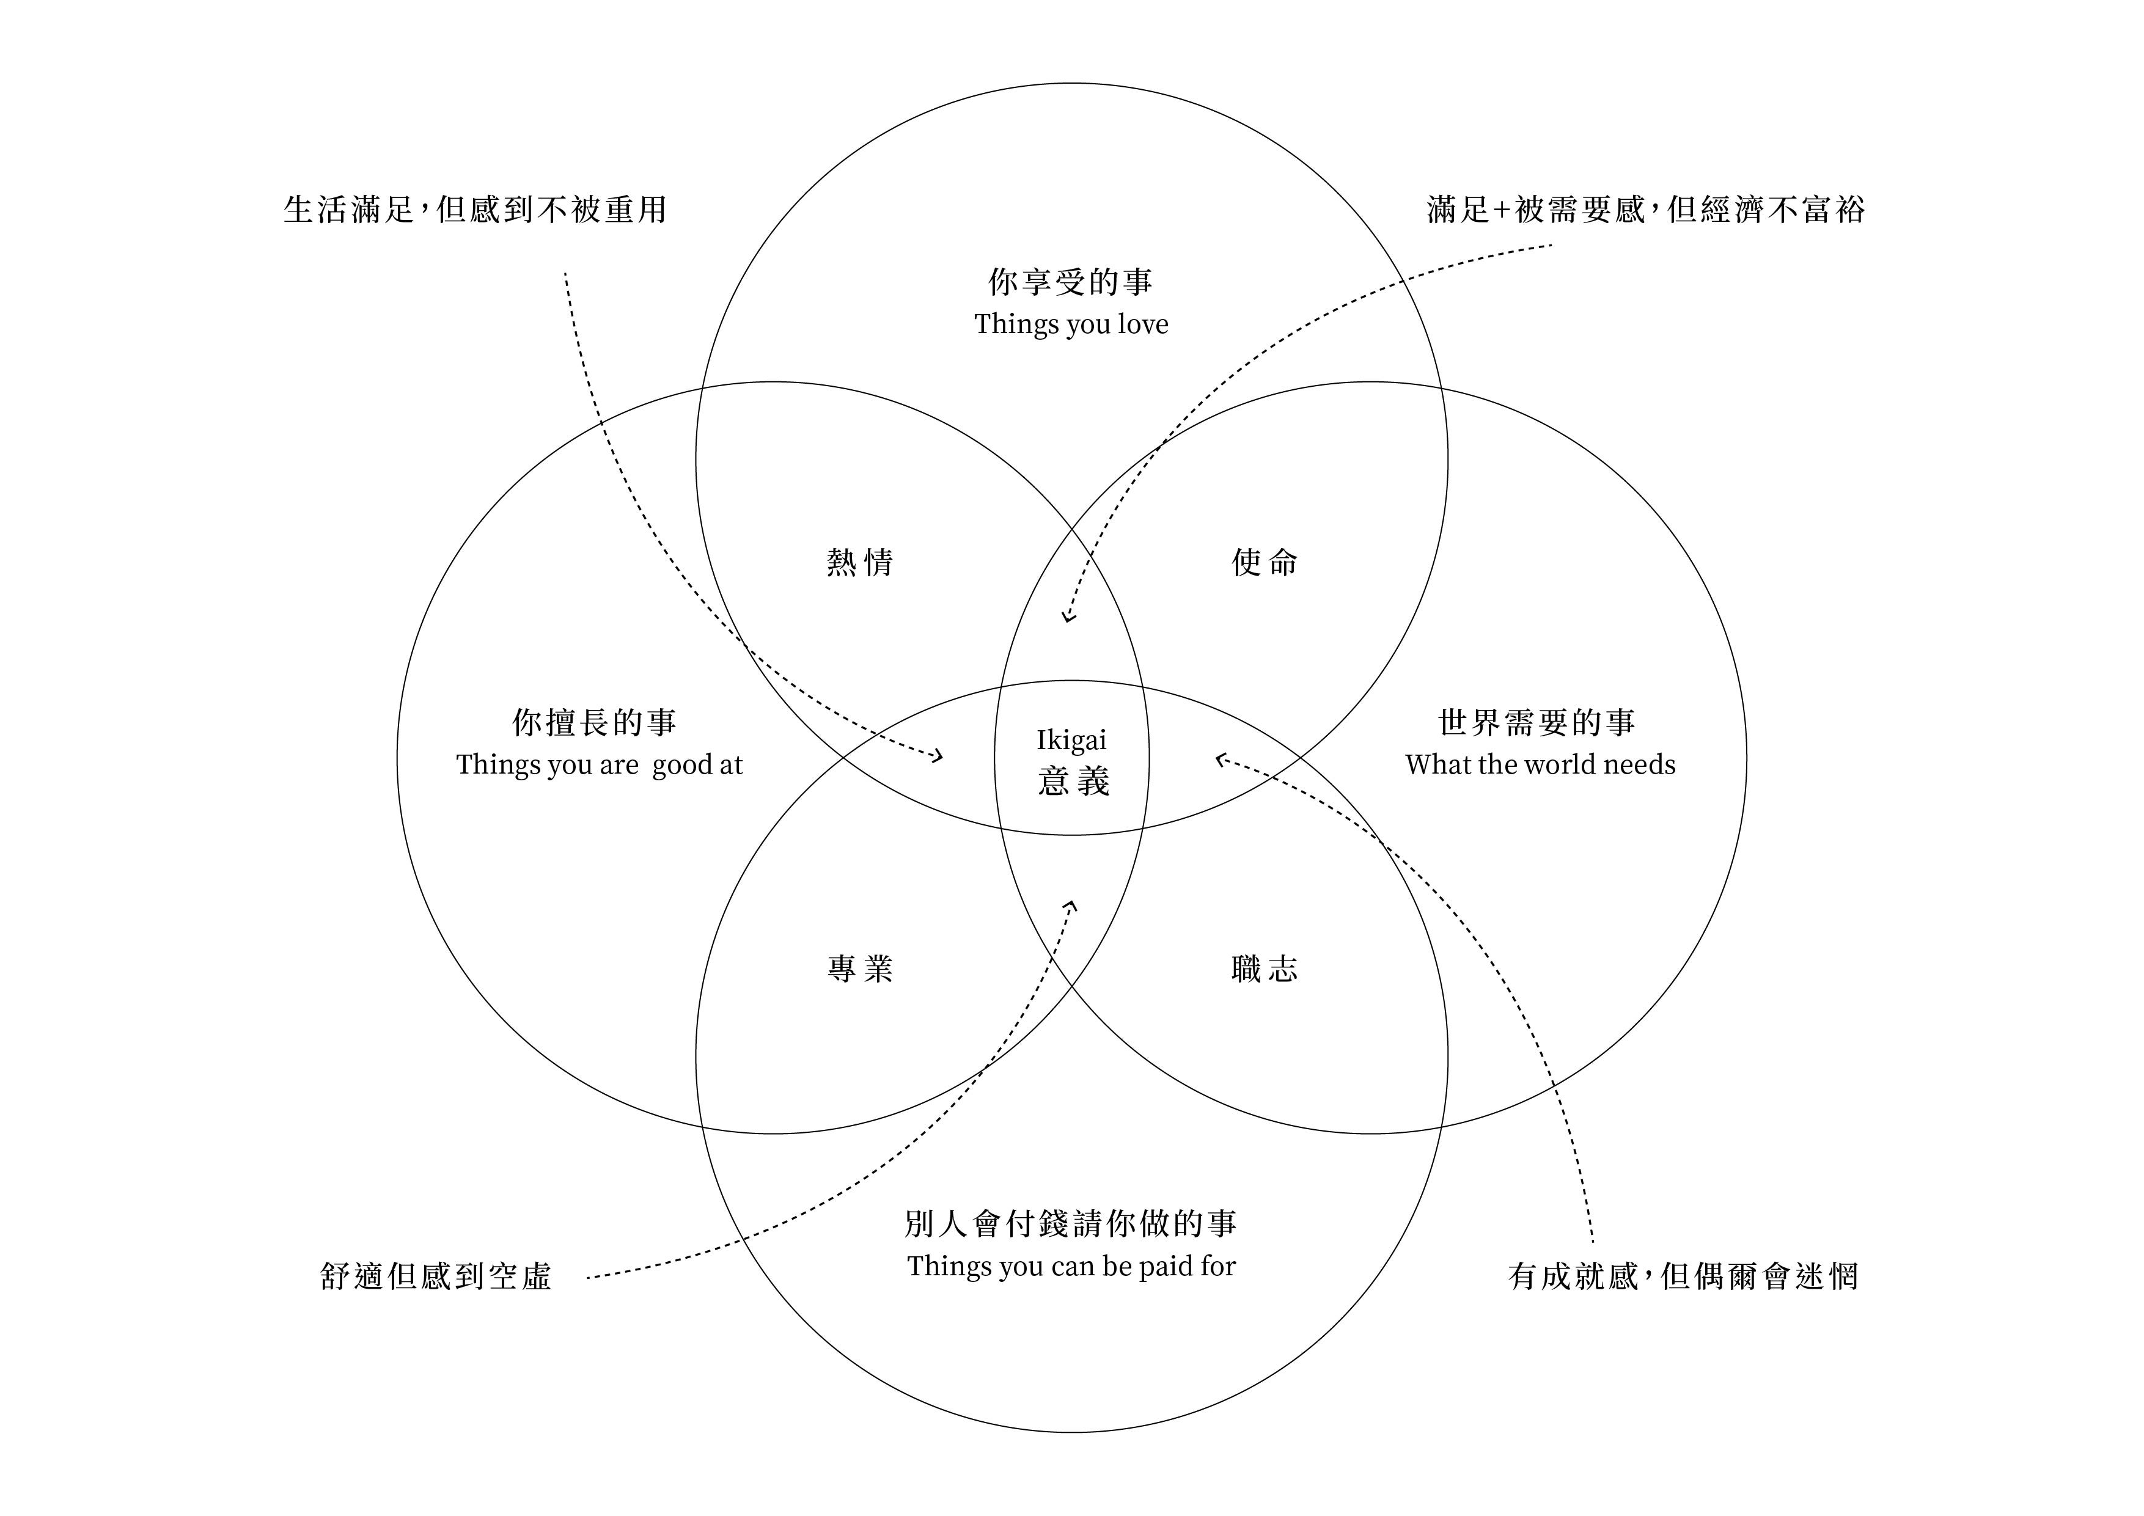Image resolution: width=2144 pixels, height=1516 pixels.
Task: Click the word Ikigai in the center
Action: coord(1071,740)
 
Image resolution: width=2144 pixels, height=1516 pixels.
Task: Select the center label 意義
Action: coord(1073,782)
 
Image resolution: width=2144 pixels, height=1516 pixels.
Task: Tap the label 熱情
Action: coord(860,562)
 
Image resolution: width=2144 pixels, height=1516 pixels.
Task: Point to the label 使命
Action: coord(1265,562)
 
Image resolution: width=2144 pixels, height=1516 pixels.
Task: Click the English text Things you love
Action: coord(1071,324)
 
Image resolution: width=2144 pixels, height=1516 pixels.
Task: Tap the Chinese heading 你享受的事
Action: coord(1071,281)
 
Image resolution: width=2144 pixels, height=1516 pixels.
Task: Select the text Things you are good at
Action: coord(598,764)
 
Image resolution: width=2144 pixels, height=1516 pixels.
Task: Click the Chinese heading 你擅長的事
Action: coord(595,722)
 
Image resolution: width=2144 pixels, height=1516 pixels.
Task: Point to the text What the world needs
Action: coord(1540,764)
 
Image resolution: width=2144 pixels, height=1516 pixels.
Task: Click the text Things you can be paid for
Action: coord(1071,1266)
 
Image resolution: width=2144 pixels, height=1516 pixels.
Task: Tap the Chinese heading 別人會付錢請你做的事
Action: coord(1071,1223)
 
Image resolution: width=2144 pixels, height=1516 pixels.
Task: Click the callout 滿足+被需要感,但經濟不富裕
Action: coord(1645,209)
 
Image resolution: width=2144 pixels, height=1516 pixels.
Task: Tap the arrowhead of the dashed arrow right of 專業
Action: coord(1071,904)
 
